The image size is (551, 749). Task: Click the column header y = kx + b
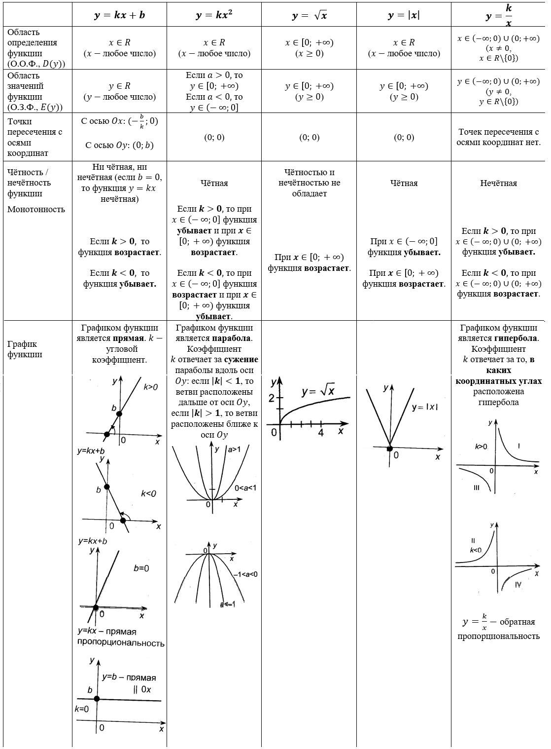click(119, 15)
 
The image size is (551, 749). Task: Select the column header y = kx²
click(214, 15)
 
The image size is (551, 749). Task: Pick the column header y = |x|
click(404, 15)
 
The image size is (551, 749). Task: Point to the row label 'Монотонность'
click(36, 209)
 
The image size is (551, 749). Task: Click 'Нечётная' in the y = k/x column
click(498, 183)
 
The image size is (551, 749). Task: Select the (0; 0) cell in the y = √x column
click(309, 137)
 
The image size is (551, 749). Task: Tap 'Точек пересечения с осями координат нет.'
click(498, 137)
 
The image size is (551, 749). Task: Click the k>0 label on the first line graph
click(150, 387)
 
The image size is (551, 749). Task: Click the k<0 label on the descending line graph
click(148, 493)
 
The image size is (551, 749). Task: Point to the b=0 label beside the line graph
click(141, 568)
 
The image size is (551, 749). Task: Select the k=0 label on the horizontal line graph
click(82, 710)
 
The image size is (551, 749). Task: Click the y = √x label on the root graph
click(318, 392)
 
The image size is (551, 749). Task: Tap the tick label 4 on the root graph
click(321, 433)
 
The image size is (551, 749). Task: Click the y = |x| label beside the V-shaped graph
click(425, 407)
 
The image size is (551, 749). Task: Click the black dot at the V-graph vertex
click(389, 448)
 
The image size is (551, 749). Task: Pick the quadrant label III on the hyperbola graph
click(476, 487)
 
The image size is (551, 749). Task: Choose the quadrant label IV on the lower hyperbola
click(518, 584)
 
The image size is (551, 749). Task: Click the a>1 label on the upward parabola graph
click(234, 449)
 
